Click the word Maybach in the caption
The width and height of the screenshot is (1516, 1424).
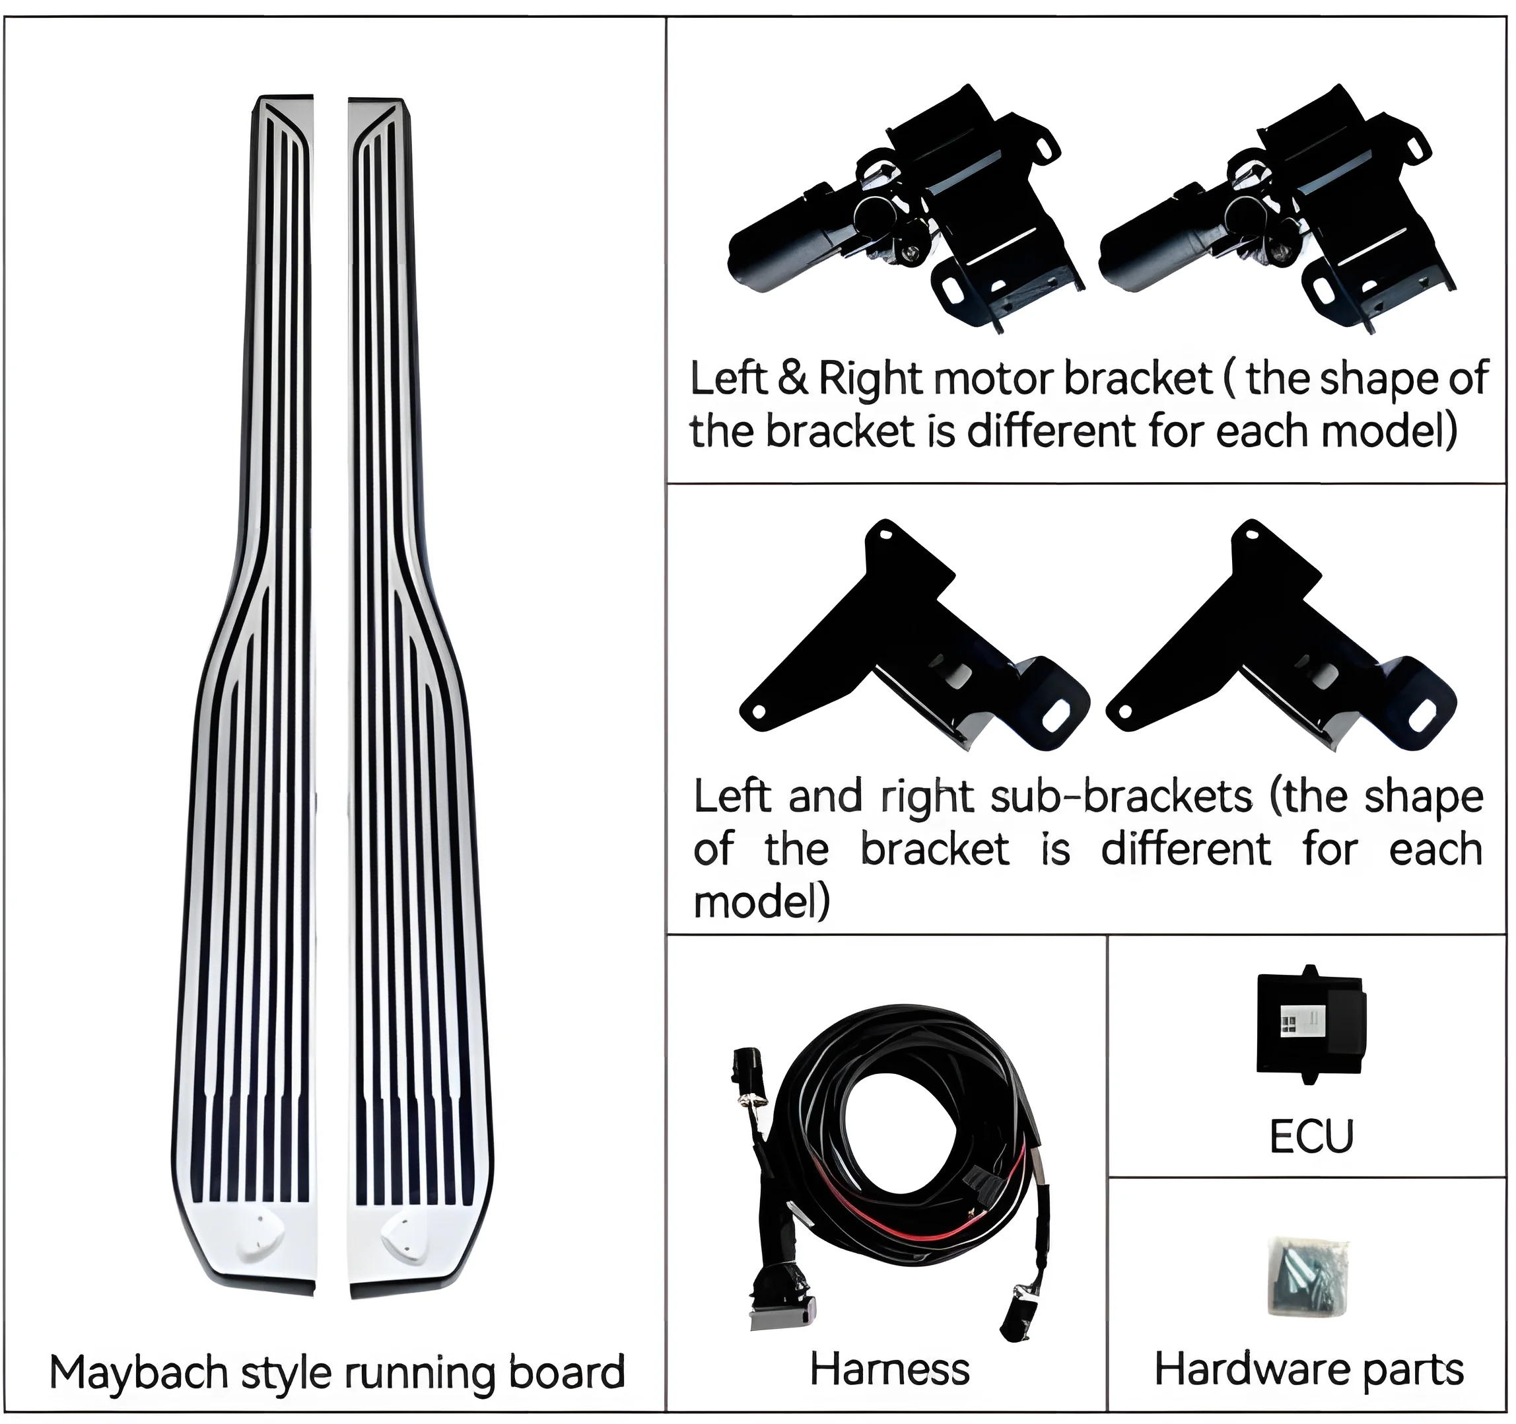[x=138, y=1372]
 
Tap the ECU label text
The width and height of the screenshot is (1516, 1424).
[x=1311, y=1135]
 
